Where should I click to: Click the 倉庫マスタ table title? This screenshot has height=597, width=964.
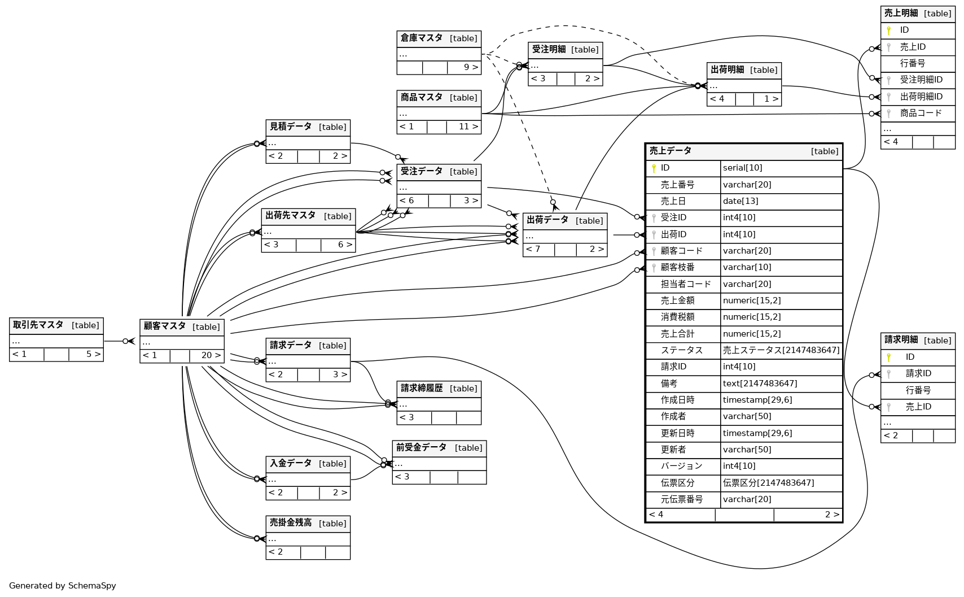[x=421, y=38]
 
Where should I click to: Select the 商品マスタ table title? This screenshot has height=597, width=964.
[x=421, y=98]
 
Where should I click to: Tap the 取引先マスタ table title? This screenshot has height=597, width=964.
[x=38, y=325]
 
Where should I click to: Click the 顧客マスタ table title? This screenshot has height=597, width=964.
[x=164, y=326]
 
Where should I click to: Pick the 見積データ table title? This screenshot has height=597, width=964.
[x=290, y=127]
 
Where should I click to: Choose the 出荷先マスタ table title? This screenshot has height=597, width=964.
[x=290, y=216]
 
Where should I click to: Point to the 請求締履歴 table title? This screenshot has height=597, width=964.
[x=422, y=389]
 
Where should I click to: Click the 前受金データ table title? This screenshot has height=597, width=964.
[x=421, y=448]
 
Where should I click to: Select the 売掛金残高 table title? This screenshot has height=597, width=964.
[x=290, y=523]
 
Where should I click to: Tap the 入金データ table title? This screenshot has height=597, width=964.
[x=290, y=464]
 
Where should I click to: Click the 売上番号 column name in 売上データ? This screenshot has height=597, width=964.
[x=677, y=185]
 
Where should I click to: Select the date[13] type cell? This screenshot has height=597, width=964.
[x=740, y=201]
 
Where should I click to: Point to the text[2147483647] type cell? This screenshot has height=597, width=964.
[x=760, y=384]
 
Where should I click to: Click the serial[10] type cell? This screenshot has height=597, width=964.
[x=742, y=168]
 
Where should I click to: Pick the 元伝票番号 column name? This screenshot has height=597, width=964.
[x=682, y=499]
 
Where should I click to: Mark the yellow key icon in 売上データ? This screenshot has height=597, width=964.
[x=654, y=168]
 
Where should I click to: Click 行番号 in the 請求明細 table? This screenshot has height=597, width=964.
[x=918, y=390]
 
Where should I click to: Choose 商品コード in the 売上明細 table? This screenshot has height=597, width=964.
[x=921, y=114]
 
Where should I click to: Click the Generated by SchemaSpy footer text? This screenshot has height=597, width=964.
[x=63, y=586]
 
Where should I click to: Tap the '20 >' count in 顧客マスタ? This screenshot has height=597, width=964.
[x=211, y=355]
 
